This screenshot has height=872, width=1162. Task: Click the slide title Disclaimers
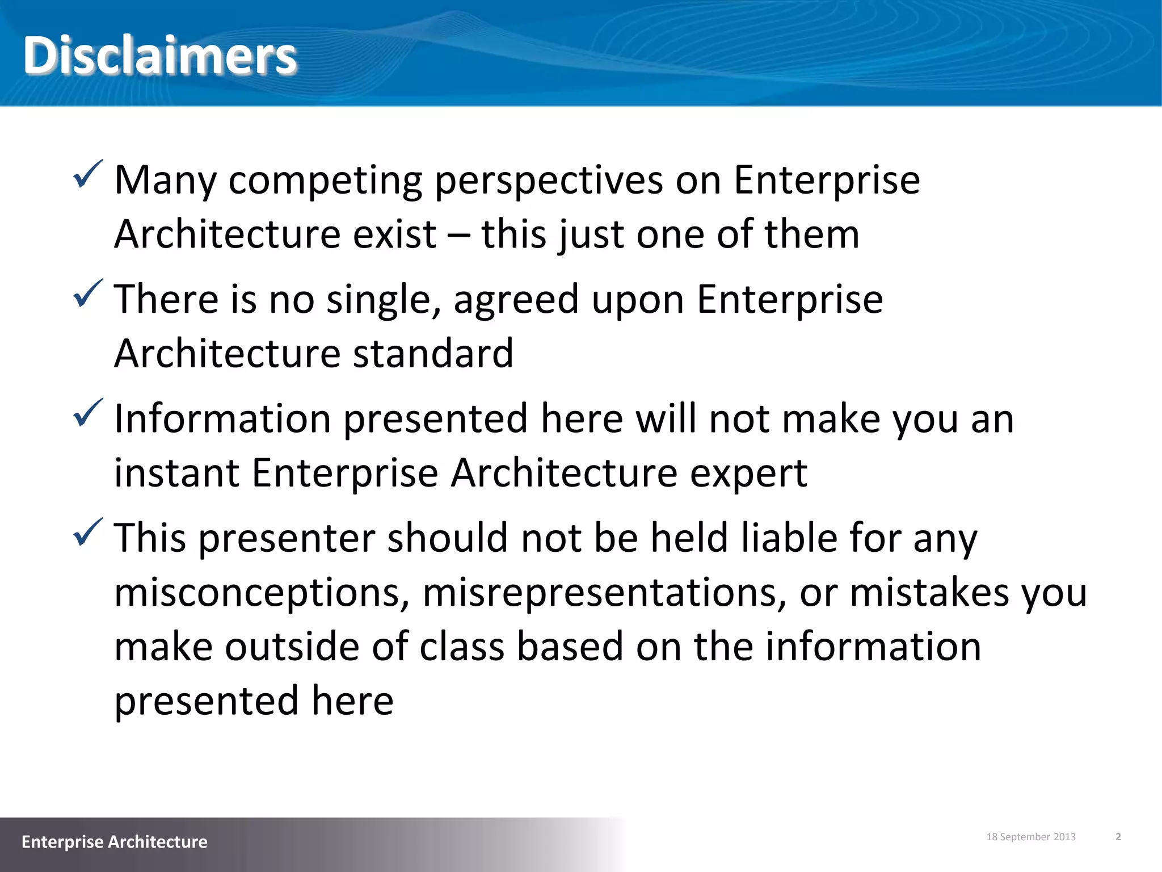160,55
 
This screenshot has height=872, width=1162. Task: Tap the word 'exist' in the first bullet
394,234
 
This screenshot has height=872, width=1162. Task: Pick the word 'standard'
433,353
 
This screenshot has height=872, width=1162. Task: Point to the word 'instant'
176,473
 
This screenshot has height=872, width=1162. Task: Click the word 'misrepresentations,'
604,592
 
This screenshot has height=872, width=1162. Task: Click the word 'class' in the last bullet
462,646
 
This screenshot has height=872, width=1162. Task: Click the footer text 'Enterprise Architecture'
115,841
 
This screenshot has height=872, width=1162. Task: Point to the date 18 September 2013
1031,837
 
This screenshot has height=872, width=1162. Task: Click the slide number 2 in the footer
1118,837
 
